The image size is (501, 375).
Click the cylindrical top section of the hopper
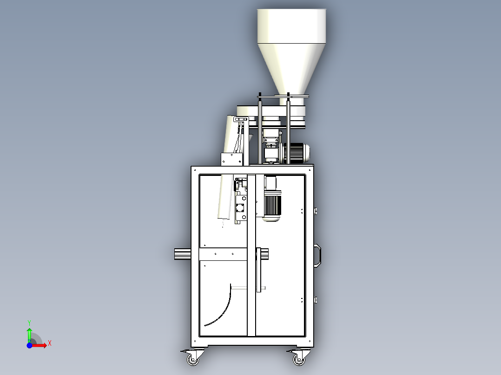[x=291, y=26]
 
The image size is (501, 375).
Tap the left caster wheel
[x=193, y=360]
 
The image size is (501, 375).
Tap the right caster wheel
[x=299, y=360]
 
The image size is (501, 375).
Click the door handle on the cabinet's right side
[x=317, y=255]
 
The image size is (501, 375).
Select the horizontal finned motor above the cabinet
[x=297, y=153]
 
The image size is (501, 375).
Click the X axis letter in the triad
[x=50, y=343]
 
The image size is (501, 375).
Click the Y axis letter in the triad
[x=29, y=323]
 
